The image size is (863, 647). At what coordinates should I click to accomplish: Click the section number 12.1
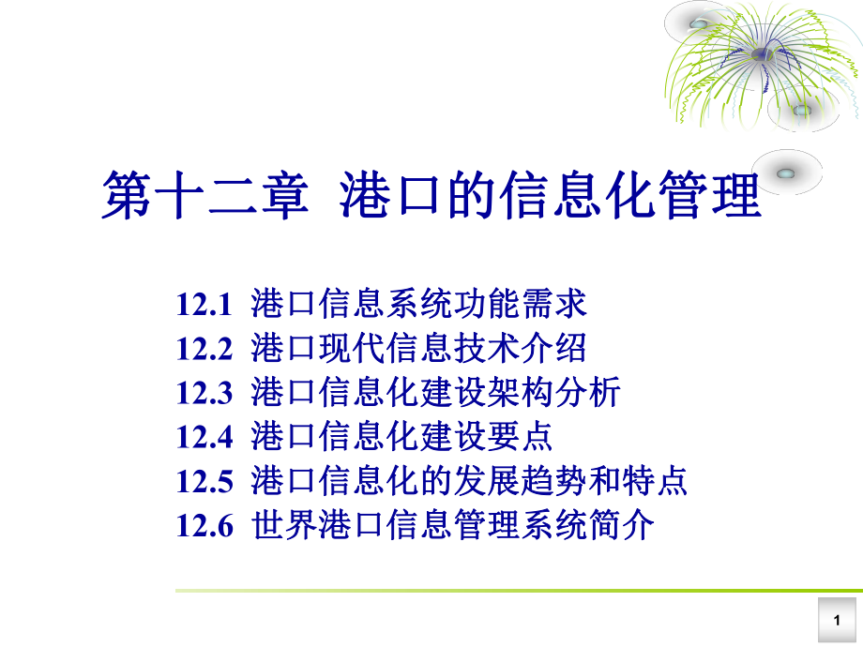click(203, 305)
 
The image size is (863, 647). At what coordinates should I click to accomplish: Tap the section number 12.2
click(203, 349)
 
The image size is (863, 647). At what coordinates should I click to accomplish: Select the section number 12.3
click(203, 393)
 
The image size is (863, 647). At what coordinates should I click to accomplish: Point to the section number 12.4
click(203, 437)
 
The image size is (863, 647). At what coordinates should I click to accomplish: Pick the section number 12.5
click(203, 481)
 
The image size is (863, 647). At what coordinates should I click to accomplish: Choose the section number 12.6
click(203, 525)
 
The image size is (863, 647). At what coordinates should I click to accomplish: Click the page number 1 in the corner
click(837, 621)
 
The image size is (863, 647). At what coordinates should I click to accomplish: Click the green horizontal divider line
click(516, 591)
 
